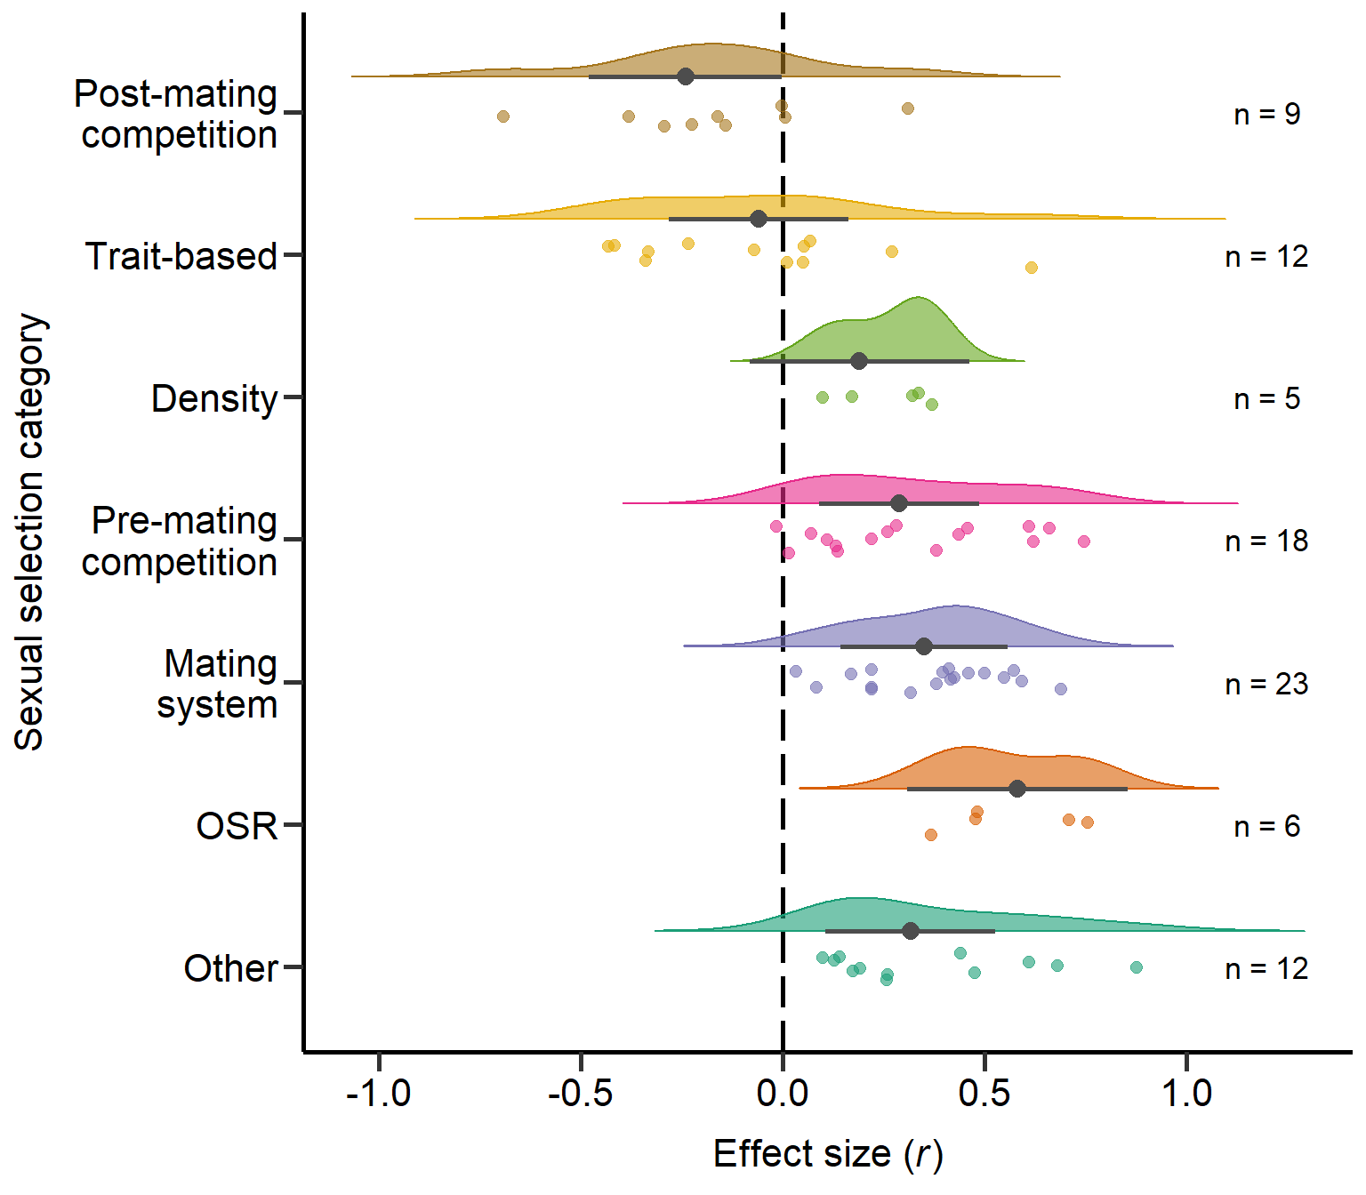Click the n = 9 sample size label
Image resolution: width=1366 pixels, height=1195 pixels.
1266,115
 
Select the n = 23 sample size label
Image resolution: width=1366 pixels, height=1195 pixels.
1266,685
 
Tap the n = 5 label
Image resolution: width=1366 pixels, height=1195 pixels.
1266,399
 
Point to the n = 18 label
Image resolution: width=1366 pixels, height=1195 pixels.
1266,541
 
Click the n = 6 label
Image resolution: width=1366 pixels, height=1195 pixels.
1266,827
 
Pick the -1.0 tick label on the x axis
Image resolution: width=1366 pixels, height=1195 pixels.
378,1094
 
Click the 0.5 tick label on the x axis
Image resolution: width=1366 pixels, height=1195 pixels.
984,1094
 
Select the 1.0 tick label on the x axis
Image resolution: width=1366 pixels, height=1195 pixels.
1186,1094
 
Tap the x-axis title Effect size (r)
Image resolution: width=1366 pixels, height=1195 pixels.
828,1154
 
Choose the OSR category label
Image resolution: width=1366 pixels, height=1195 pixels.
237,827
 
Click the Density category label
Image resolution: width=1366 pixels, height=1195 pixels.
214,399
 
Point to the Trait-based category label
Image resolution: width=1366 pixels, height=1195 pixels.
181,256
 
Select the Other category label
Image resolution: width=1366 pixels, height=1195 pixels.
230,969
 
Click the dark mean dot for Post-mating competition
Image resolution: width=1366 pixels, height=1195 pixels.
686,76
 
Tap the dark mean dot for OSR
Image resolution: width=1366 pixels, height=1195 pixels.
1017,789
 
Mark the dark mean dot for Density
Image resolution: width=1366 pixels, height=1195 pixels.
858,361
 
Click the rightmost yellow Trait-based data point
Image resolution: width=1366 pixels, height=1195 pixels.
1032,268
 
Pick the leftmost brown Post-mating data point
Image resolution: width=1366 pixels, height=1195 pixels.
503,116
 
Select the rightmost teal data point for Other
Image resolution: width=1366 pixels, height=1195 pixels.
1137,967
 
